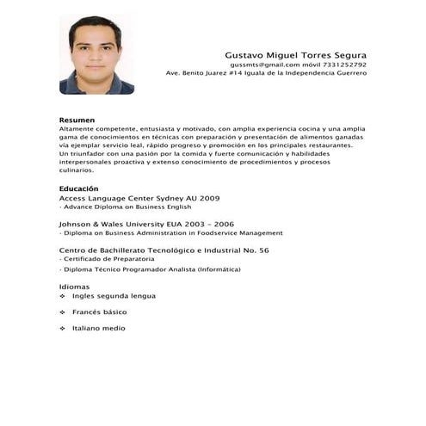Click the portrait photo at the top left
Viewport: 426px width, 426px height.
click(96, 54)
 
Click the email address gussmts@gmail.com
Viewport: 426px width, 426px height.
click(264, 65)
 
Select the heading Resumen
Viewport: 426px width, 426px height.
click(77, 120)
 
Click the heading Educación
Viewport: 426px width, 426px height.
click(78, 188)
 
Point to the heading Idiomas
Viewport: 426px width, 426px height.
click(74, 286)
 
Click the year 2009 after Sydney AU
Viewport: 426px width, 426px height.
click(209, 198)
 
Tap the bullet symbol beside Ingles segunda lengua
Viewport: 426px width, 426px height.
click(63, 296)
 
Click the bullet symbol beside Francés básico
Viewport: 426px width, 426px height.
click(63, 312)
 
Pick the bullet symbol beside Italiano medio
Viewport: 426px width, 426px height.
click(63, 328)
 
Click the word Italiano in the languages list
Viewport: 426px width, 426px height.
click(88, 328)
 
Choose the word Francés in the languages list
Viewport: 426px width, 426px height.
click(88, 312)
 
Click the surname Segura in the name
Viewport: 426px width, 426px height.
click(346, 54)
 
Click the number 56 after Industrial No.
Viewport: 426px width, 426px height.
click(264, 250)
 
